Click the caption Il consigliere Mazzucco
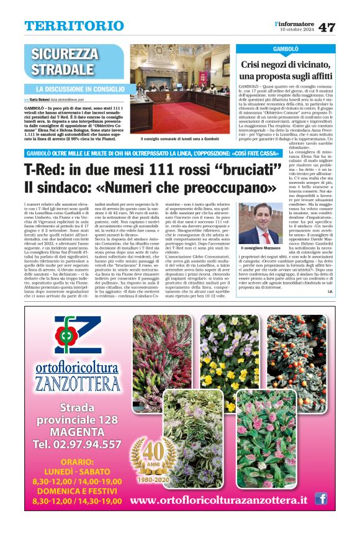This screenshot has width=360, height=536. point(258,247)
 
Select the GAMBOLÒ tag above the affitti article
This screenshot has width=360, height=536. point(285,48)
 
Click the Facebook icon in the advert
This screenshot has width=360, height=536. point(321,498)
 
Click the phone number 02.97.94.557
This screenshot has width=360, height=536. point(77,444)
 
